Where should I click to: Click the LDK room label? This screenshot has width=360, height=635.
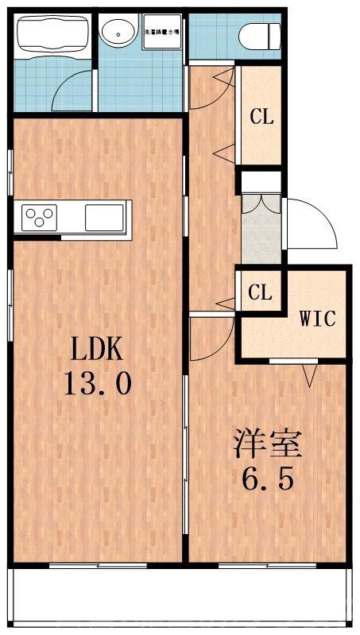(98, 350)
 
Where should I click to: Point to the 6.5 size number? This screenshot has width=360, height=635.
(267, 479)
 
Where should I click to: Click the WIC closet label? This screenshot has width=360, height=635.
(318, 319)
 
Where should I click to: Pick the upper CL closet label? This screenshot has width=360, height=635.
(261, 118)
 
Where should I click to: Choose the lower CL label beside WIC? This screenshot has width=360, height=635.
(260, 292)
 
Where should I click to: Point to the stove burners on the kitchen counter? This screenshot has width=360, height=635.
(40, 216)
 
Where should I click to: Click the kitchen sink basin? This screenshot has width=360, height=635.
(104, 216)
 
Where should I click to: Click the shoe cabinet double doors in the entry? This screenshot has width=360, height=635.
(261, 203)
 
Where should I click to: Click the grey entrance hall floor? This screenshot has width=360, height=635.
(261, 237)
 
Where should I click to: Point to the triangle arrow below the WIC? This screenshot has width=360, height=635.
(310, 372)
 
